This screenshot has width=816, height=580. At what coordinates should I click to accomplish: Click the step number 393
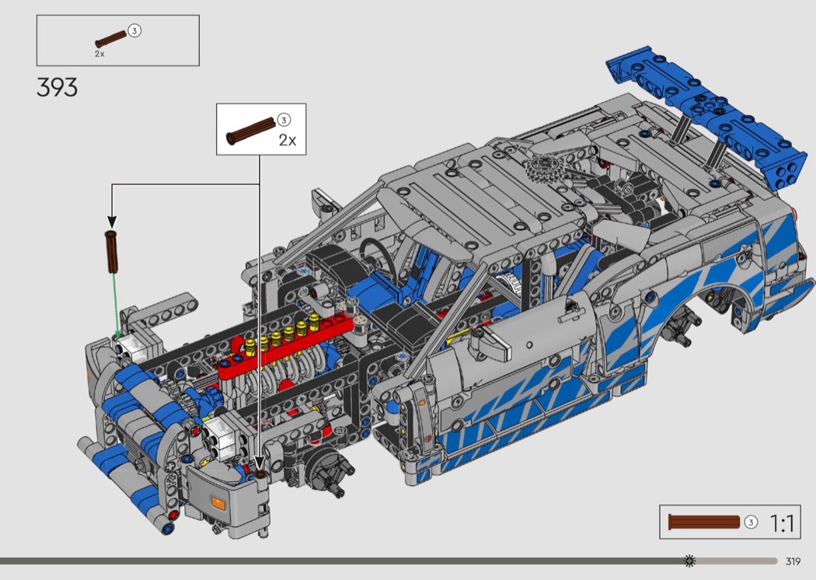tap(58, 88)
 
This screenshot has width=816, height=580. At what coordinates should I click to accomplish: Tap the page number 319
tap(793, 561)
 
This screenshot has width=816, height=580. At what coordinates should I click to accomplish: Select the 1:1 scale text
tap(782, 522)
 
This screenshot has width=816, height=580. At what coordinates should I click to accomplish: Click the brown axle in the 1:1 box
tap(704, 522)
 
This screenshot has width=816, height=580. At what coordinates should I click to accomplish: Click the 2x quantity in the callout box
tap(288, 140)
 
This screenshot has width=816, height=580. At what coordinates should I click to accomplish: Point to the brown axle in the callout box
tap(250, 131)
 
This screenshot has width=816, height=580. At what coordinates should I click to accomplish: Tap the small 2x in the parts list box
tap(99, 54)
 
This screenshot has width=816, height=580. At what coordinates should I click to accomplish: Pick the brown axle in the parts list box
tap(111, 39)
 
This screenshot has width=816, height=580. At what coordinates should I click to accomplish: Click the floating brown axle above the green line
tap(111, 251)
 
